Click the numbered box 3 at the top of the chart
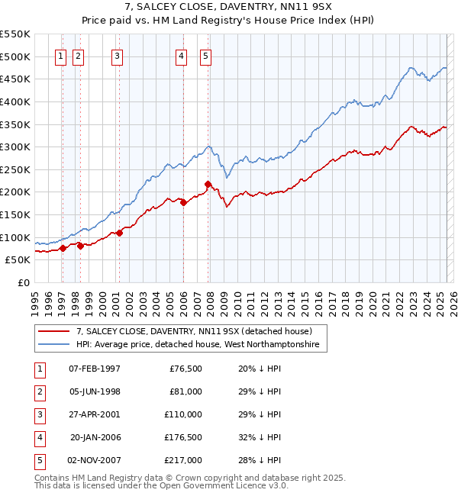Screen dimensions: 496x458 pos(118,55)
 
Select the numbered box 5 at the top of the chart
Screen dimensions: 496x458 pos(207,55)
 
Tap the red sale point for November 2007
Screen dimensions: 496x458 pos(208,184)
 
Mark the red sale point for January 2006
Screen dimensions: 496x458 pos(183,202)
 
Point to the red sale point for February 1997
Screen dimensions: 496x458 pos(62,248)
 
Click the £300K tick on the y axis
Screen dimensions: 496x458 pos(15,147)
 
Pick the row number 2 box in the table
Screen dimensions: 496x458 pos(38,391)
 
